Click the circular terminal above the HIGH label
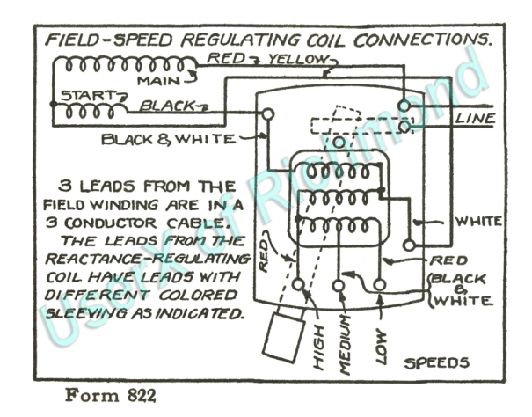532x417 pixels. pos(299,286)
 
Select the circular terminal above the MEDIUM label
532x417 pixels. pos(339,286)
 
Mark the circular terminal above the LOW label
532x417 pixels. pos(380,285)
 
